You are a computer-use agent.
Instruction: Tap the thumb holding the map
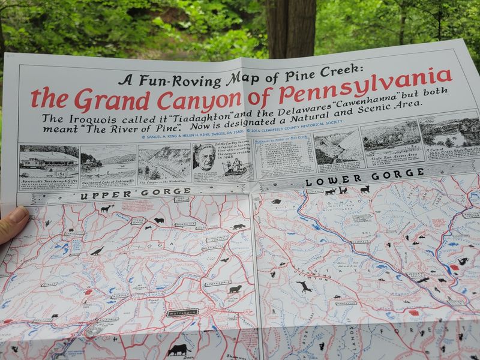[x=11, y=222]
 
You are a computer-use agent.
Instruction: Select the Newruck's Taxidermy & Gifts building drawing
[x=48, y=162]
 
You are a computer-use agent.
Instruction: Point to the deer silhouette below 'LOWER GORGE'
[x=365, y=189]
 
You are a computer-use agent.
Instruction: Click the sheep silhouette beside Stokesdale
[x=235, y=290]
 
